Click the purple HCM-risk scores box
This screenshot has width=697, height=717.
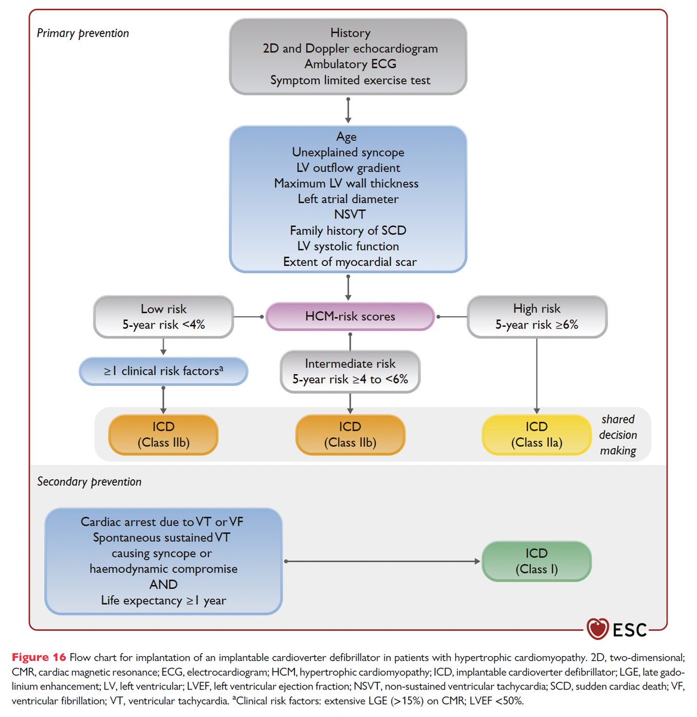pyautogui.click(x=349, y=317)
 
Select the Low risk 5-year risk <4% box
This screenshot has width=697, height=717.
pyautogui.click(x=163, y=317)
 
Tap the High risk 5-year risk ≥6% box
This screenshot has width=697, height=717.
pyautogui.click(x=536, y=317)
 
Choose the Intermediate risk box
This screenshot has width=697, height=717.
pyautogui.click(x=349, y=371)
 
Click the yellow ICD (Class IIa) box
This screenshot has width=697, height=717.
pyautogui.click(x=536, y=434)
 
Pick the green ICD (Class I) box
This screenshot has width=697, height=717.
pyautogui.click(x=536, y=561)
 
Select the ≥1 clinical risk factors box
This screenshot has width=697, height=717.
pyautogui.click(x=163, y=371)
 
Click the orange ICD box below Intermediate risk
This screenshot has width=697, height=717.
pyautogui.click(x=349, y=434)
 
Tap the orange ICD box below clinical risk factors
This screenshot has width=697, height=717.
pyautogui.click(x=163, y=434)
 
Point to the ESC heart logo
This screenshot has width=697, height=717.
pyautogui.click(x=597, y=629)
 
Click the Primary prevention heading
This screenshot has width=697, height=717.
pyautogui.click(x=82, y=33)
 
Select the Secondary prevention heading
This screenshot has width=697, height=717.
pyautogui.click(x=89, y=482)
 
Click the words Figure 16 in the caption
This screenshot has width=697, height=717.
pyautogui.click(x=39, y=657)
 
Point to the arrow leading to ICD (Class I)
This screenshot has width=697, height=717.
pyautogui.click(x=382, y=561)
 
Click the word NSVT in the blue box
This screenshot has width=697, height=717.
pyautogui.click(x=349, y=215)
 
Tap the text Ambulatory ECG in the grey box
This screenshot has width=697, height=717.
pyautogui.click(x=350, y=64)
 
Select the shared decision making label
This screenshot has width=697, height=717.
pyautogui.click(x=618, y=435)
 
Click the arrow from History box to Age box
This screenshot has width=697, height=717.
pyautogui.click(x=348, y=110)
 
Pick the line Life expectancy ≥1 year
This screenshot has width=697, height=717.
pyautogui.click(x=163, y=600)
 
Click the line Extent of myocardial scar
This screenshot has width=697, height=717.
pyautogui.click(x=349, y=262)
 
